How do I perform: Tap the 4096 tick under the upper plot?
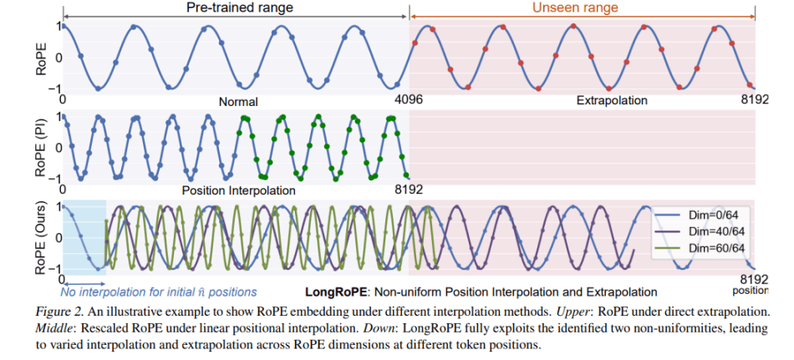[409, 99]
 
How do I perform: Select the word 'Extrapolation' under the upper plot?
[612, 100]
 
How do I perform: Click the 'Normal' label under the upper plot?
[238, 102]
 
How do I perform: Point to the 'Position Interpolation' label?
[238, 190]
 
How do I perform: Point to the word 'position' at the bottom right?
[750, 291]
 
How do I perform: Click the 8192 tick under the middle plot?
[409, 188]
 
